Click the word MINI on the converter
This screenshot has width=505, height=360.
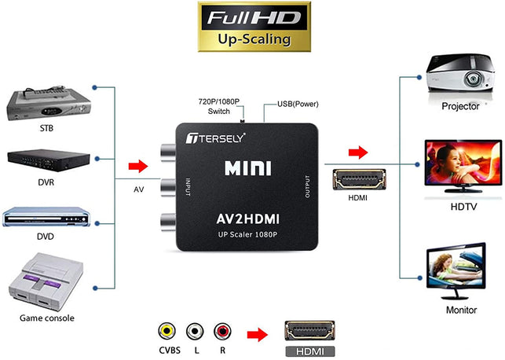(x=248, y=168)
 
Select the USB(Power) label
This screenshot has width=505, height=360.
(x=298, y=104)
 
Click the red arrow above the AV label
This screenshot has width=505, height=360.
(x=138, y=166)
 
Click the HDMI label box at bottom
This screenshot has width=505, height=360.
(x=309, y=352)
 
